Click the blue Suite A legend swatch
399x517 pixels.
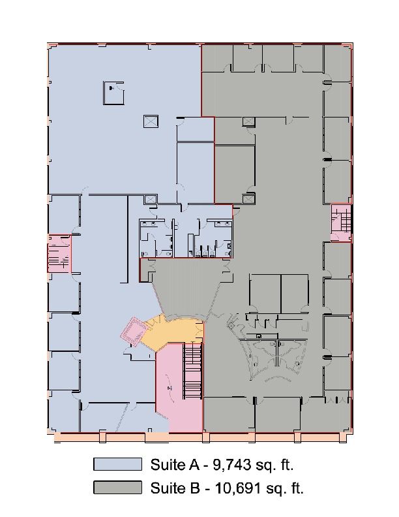(x=117, y=464)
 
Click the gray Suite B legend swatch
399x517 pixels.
(x=117, y=488)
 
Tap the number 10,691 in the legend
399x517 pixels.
(x=239, y=488)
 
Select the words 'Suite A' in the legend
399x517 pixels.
(x=175, y=465)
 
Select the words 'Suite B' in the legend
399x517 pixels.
(x=175, y=488)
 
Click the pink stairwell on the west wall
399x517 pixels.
(x=59, y=253)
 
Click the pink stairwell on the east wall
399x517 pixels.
(x=341, y=223)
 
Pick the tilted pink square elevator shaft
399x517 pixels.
(x=134, y=332)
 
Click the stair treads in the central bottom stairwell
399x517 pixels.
(x=192, y=371)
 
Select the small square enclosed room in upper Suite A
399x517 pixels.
(x=113, y=93)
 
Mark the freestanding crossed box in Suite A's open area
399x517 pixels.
(x=151, y=121)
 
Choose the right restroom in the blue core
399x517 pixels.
(x=213, y=238)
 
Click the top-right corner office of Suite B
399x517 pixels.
(x=337, y=62)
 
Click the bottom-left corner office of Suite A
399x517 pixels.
(x=64, y=411)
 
